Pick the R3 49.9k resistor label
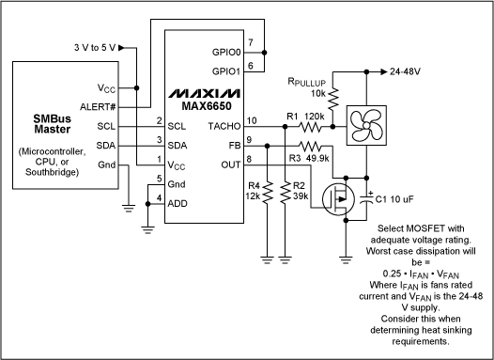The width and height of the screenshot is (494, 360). pyautogui.click(x=310, y=158)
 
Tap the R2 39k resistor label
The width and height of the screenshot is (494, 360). pyautogui.click(x=299, y=192)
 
